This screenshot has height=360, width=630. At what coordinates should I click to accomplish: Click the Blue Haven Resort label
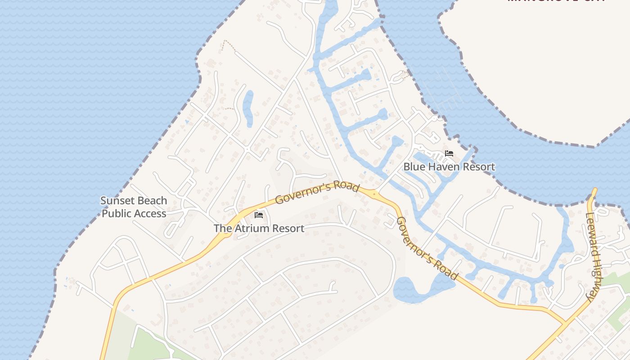click(449, 167)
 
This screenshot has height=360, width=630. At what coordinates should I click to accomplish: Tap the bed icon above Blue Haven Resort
click(449, 153)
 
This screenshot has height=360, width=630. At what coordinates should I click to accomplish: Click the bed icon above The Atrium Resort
click(259, 215)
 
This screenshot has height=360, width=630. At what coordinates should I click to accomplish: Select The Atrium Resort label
click(259, 229)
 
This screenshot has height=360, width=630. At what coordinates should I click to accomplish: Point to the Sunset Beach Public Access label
click(134, 207)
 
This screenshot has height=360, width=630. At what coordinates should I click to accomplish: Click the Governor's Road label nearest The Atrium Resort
click(317, 193)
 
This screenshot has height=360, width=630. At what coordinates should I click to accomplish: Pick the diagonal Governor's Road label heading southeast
click(426, 248)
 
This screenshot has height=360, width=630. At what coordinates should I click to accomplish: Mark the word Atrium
click(254, 229)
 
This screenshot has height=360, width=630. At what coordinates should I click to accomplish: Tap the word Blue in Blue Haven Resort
click(413, 167)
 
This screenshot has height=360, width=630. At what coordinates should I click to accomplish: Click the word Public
click(118, 213)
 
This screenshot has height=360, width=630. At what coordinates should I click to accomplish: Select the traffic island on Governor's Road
click(374, 194)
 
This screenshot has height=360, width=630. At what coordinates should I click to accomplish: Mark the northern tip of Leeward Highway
click(594, 190)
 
